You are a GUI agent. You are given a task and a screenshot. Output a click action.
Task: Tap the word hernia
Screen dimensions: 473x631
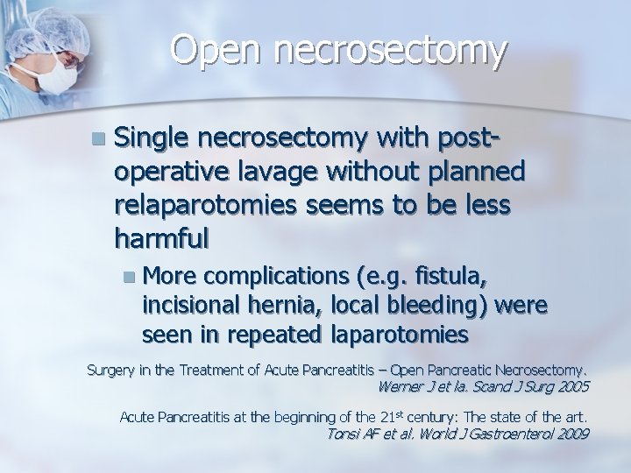pos(271,307)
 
